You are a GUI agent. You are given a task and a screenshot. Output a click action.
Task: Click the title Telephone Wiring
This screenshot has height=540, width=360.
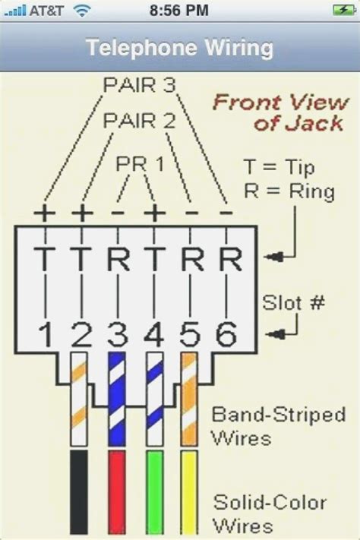[179, 48]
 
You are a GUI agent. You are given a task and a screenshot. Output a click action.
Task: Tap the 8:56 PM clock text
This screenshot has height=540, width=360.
[179, 10]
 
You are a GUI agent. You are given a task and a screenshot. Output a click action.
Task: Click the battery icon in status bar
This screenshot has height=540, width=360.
[343, 10]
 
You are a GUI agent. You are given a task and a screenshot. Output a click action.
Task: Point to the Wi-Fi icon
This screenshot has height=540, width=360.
[81, 10]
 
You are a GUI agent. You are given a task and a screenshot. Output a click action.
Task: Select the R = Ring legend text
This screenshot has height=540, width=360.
[289, 191]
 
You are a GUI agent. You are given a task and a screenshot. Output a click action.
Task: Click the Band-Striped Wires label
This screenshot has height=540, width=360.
[278, 425]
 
